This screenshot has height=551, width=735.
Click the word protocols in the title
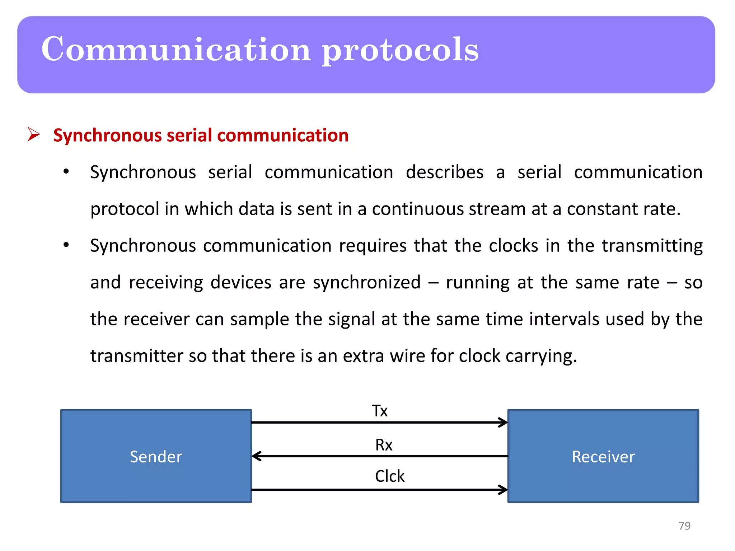[400, 50]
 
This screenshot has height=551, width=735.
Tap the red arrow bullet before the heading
[34, 135]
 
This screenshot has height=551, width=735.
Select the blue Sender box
[156, 456]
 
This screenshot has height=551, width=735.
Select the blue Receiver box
[603, 456]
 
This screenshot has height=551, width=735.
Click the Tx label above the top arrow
[380, 411]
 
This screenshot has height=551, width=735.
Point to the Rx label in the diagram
[384, 445]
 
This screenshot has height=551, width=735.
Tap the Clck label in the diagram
[389, 476]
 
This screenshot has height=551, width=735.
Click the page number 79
[684, 526]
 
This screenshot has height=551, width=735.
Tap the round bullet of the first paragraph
[66, 171]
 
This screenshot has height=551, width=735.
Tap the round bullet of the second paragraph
[66, 245]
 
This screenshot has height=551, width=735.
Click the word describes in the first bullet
[444, 172]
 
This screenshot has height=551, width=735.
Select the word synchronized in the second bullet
[366, 283]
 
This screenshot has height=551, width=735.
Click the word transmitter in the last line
[136, 356]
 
